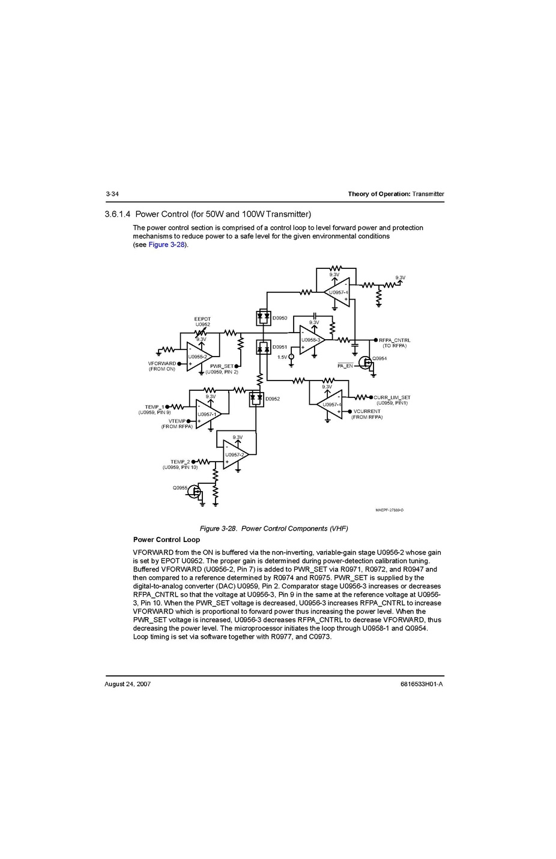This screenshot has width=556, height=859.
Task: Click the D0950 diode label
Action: (x=280, y=318)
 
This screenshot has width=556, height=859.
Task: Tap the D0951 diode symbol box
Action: (x=263, y=348)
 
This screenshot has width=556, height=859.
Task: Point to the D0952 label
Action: (x=273, y=399)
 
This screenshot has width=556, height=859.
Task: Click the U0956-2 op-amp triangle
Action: (x=199, y=357)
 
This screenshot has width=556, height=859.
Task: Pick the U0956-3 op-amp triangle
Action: (x=312, y=340)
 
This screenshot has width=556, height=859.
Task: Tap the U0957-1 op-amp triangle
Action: (x=208, y=414)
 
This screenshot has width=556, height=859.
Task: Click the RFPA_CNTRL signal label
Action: (x=394, y=340)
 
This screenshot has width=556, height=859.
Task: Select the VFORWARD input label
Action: (x=162, y=363)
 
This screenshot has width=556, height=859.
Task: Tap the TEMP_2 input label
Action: (x=180, y=462)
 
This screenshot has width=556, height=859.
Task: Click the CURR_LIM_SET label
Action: (x=392, y=397)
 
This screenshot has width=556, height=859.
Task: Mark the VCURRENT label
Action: (x=367, y=411)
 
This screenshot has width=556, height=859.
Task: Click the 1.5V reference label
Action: (x=282, y=357)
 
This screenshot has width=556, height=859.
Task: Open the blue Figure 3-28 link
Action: (x=167, y=245)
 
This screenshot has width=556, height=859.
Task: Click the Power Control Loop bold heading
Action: (x=166, y=540)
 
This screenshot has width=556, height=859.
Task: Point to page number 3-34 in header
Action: (x=112, y=194)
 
